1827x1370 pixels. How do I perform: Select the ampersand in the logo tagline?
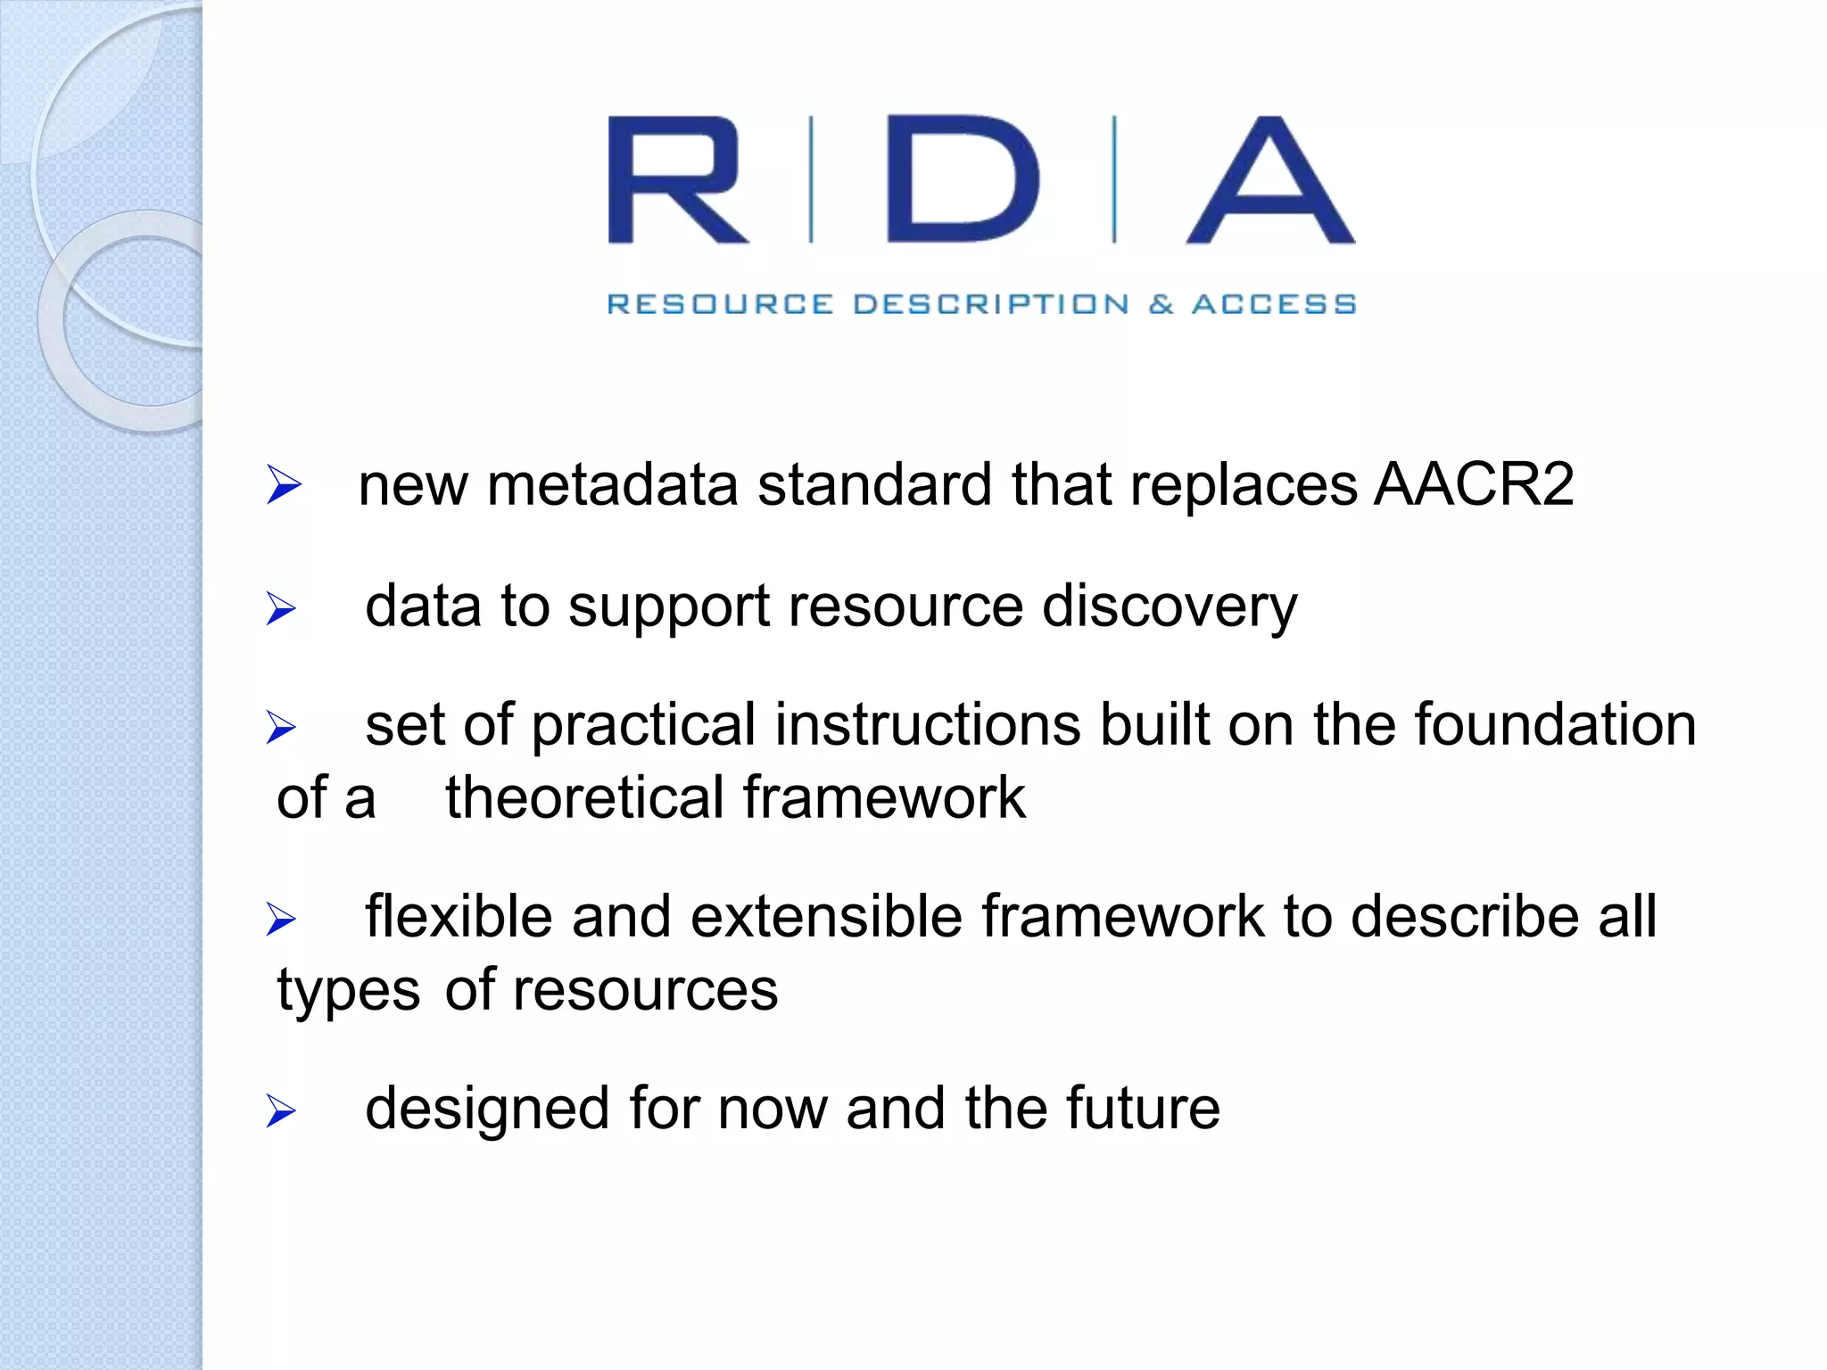[x=1161, y=304]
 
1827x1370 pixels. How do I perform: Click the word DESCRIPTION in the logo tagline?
[x=990, y=304]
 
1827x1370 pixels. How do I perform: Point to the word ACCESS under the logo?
[x=1274, y=304]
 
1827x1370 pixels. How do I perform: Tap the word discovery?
[x=1170, y=607]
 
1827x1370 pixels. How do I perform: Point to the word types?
[x=348, y=990]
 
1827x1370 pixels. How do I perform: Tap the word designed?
[x=487, y=1110]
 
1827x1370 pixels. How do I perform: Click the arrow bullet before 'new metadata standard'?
[x=284, y=485]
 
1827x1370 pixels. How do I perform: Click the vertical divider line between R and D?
[x=811, y=179]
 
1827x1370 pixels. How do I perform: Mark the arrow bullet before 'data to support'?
[x=281, y=609]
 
